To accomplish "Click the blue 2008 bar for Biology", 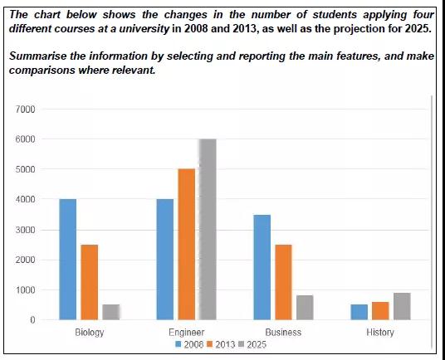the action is (x=68, y=260).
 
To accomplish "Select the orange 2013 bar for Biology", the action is (x=90, y=282).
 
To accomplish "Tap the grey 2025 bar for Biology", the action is (x=111, y=313).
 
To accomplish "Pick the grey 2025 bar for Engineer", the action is (x=208, y=229).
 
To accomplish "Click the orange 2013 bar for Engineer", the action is (x=187, y=245).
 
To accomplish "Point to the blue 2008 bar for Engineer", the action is (x=165, y=260).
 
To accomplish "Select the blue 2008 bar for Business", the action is (x=262, y=267).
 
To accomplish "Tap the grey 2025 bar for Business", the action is (x=305, y=308).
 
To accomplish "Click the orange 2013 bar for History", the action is (x=380, y=311).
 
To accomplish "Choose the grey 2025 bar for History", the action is (x=402, y=306).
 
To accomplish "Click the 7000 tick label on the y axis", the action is (x=25, y=109).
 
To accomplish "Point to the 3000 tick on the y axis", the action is (x=25, y=230).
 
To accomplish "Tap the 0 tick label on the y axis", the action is (x=32, y=320).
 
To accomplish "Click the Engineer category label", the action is (x=187, y=333).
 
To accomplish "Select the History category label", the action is (x=380, y=333).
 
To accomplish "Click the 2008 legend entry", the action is (x=189, y=344).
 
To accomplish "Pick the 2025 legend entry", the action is (x=252, y=344).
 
